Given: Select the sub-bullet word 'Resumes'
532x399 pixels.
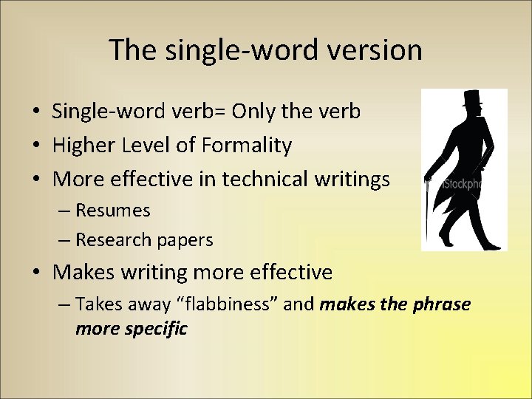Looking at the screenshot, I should click(x=113, y=211).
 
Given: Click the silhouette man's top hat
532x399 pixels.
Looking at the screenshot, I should click(x=471, y=99).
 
